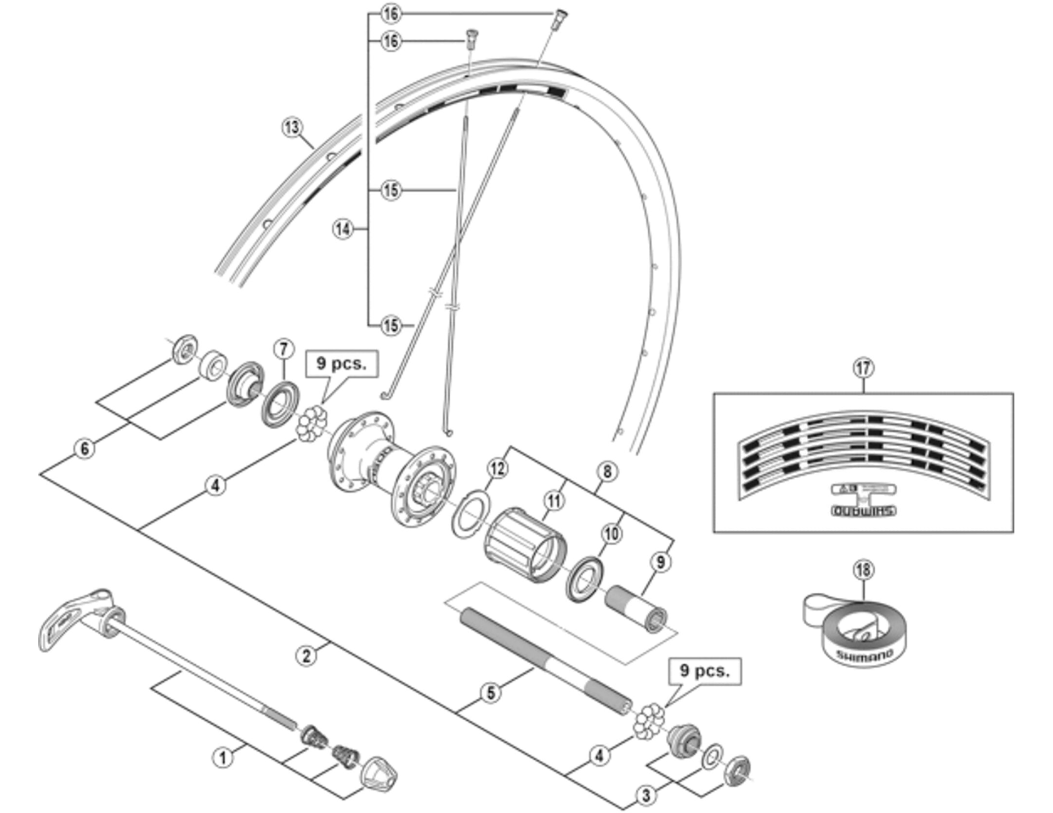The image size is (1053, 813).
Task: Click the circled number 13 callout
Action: [x=292, y=127]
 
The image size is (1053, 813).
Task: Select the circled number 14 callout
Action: [x=343, y=228]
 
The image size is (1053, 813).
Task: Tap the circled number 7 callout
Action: [x=283, y=349]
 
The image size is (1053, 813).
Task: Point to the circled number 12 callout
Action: [x=497, y=468]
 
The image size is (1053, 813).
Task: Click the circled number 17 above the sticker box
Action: [x=863, y=367]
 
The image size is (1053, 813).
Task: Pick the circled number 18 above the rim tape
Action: [x=863, y=570]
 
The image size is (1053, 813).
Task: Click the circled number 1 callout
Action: [x=223, y=758]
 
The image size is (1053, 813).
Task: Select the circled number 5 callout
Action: [x=491, y=692]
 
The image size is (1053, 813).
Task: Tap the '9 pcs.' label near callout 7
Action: [x=342, y=363]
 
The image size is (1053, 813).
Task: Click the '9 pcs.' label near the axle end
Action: [x=705, y=671]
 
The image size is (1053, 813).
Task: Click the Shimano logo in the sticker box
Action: [x=863, y=511]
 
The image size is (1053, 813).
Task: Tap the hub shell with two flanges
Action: [x=392, y=467]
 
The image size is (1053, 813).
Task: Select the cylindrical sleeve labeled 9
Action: [x=636, y=608]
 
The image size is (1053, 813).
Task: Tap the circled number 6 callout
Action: [x=84, y=448]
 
